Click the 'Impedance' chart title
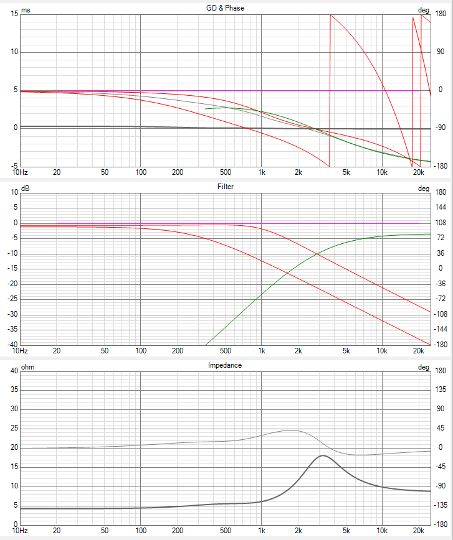tap(224, 365)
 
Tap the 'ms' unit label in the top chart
tap(26, 11)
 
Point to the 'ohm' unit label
tap(28, 367)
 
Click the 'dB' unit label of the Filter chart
tap(26, 189)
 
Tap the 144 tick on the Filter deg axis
tap(441, 207)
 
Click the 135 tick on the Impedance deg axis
tap(441, 390)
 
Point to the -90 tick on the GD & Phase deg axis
tap(441, 128)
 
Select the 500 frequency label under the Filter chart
tap(226, 351)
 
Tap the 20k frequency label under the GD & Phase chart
tap(419, 172)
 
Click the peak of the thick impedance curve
tap(323, 456)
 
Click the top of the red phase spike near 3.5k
tap(330, 15)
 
